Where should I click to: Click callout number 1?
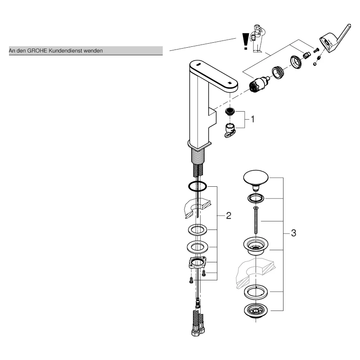coord(252,119)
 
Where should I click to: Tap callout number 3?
coord(293,233)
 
